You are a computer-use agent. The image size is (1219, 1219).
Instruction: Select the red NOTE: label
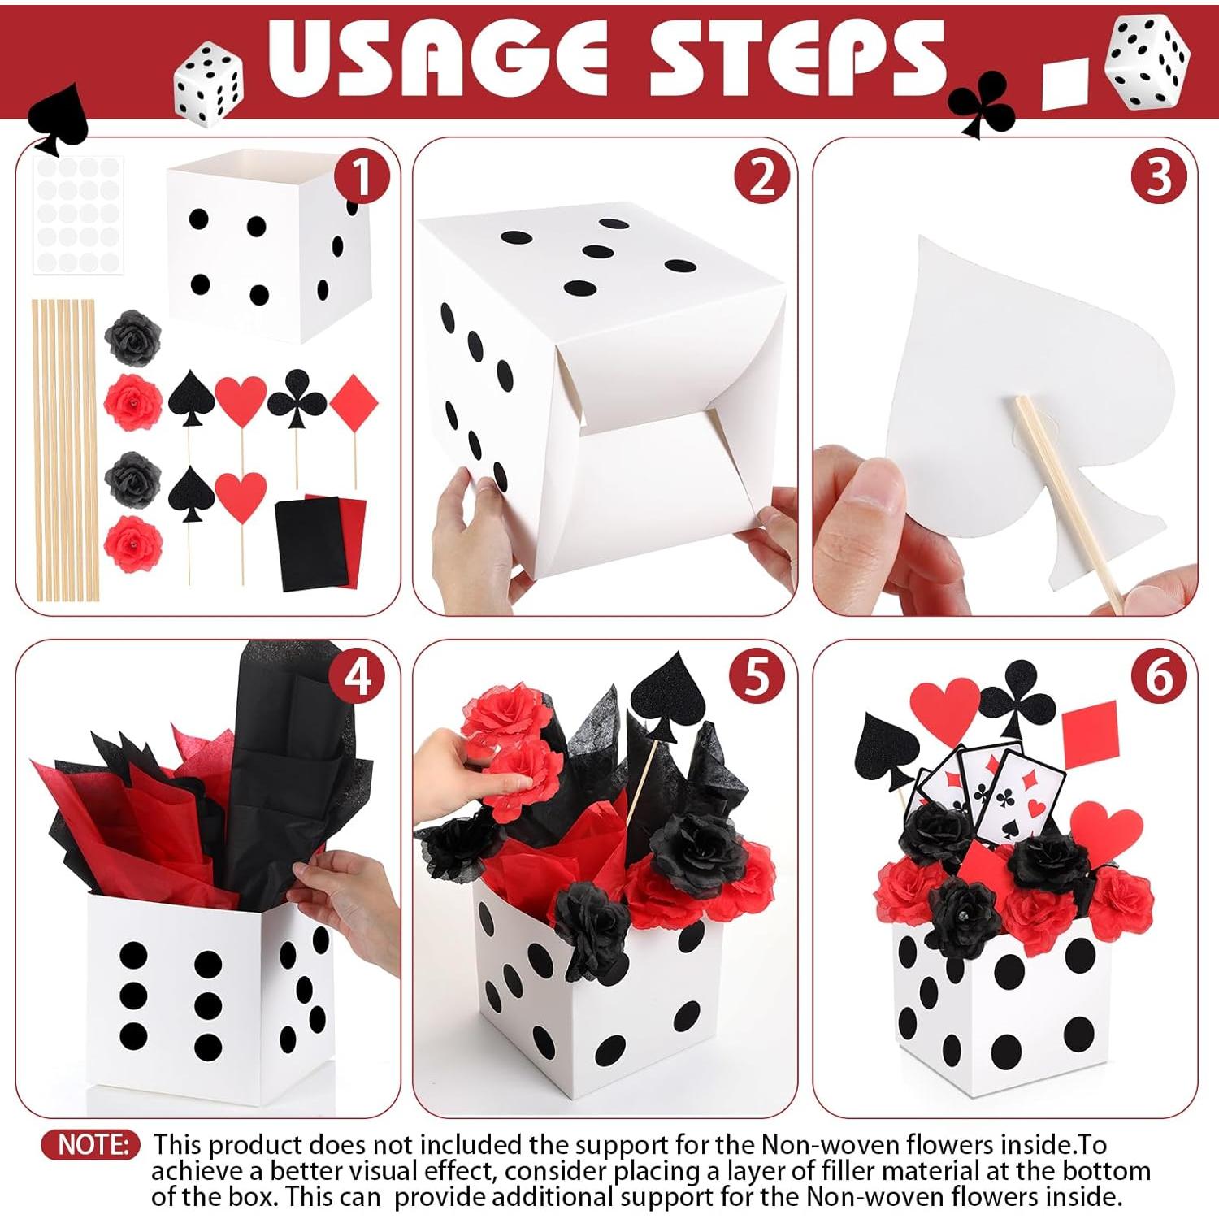[x=91, y=1144]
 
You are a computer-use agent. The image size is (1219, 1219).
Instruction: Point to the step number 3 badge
[x=1158, y=177]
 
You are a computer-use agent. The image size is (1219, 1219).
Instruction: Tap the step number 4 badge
[x=358, y=676]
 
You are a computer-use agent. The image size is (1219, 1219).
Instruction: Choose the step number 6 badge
[x=1158, y=676]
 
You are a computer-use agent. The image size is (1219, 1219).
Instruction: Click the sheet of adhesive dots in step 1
[x=78, y=215]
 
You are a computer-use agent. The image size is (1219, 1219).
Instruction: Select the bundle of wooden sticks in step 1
[x=63, y=451]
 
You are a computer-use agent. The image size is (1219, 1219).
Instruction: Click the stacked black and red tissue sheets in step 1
[x=319, y=540]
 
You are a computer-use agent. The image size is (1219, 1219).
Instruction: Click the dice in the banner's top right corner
[x=1149, y=63]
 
